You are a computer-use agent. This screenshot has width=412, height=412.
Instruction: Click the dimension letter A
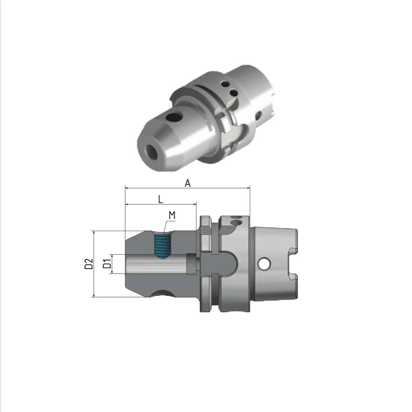click(x=187, y=183)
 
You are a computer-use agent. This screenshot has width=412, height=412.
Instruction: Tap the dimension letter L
click(x=161, y=199)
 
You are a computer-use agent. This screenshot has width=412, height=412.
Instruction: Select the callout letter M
click(x=172, y=215)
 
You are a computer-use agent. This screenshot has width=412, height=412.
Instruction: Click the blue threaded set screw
click(x=162, y=246)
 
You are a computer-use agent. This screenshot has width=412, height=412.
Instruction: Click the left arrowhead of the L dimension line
click(x=126, y=204)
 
